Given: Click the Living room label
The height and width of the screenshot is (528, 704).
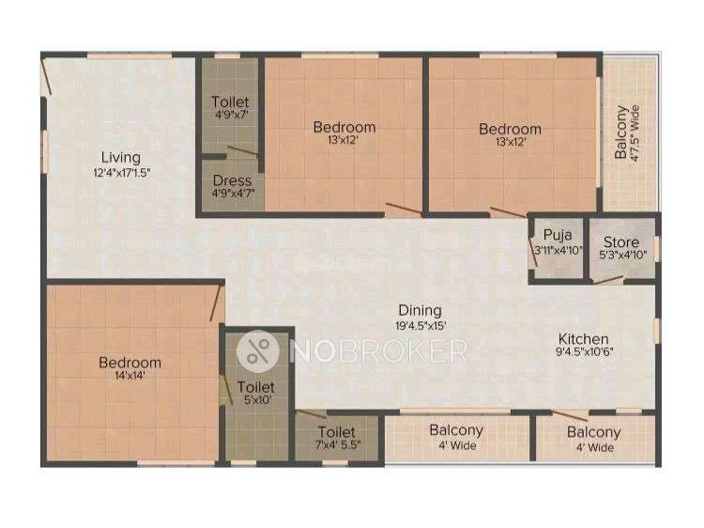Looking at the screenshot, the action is point(121,157).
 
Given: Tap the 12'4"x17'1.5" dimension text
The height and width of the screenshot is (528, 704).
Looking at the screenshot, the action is point(122,173).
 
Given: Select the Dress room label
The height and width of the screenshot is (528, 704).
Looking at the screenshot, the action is point(232,180).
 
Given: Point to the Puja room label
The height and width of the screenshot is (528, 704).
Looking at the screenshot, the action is point(558,235).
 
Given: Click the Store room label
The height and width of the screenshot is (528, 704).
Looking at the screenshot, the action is point(621,242).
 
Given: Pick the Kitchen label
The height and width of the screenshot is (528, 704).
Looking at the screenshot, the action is point(583,339).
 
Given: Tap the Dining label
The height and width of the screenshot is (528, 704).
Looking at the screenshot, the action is point(421,311).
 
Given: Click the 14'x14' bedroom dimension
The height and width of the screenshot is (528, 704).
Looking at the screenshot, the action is point(130,376).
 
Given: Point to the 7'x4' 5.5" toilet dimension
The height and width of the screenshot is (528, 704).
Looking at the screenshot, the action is point(338,445).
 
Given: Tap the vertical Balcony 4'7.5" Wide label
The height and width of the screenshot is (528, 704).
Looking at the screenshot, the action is point(627,132).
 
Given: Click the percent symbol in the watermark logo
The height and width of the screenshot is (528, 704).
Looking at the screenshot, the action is point(258,351).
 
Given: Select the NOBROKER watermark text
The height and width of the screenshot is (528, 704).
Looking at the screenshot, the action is point(378,351).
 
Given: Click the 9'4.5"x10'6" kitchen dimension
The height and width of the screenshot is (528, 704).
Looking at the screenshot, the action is point(584,352).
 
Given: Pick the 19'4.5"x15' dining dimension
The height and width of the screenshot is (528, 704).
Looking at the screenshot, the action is point(421,325).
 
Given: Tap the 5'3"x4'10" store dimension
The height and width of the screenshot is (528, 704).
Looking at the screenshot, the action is point(622,256).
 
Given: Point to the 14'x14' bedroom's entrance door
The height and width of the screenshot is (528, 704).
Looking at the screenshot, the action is point(217,303).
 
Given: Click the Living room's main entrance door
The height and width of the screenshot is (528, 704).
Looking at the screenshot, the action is point(46,77).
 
